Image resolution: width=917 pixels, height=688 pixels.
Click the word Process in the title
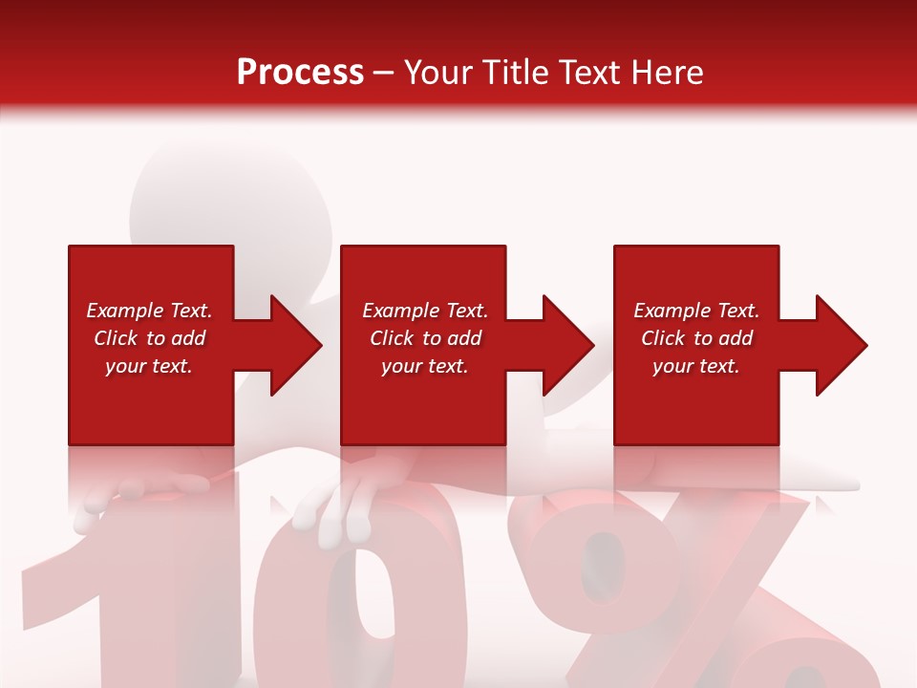click(300, 73)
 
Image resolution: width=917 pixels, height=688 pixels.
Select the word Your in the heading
click(438, 73)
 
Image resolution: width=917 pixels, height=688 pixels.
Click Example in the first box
click(122, 311)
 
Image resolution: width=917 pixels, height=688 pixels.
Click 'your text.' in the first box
click(149, 366)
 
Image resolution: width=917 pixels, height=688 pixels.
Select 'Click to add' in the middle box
click(425, 338)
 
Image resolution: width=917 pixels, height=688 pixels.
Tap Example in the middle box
click(398, 311)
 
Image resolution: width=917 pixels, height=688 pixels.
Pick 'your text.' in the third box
click(695, 366)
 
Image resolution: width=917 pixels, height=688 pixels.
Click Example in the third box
click(670, 311)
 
